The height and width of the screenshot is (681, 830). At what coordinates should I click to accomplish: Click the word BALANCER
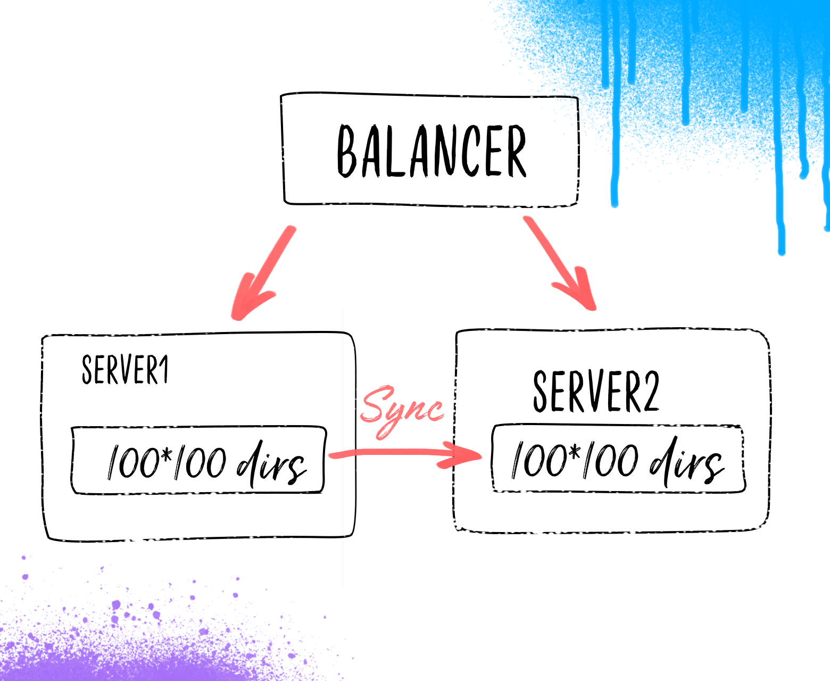431,151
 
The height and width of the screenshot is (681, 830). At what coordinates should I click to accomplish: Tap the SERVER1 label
125,369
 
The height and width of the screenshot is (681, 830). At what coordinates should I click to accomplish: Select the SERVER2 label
596,392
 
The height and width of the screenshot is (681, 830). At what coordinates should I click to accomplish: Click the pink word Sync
402,411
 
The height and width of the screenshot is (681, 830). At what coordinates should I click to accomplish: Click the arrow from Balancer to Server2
560,263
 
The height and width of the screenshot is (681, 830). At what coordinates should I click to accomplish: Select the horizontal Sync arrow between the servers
405,455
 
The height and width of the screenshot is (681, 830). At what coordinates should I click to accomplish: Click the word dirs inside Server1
271,464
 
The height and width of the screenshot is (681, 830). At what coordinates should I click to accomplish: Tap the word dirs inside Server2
686,461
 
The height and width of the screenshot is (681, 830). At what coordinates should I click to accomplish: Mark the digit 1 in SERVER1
164,369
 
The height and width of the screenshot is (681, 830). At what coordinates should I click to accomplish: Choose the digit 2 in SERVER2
650,392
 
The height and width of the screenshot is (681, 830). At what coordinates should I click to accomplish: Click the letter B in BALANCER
347,151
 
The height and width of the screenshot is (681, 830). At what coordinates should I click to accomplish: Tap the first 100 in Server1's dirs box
132,462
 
